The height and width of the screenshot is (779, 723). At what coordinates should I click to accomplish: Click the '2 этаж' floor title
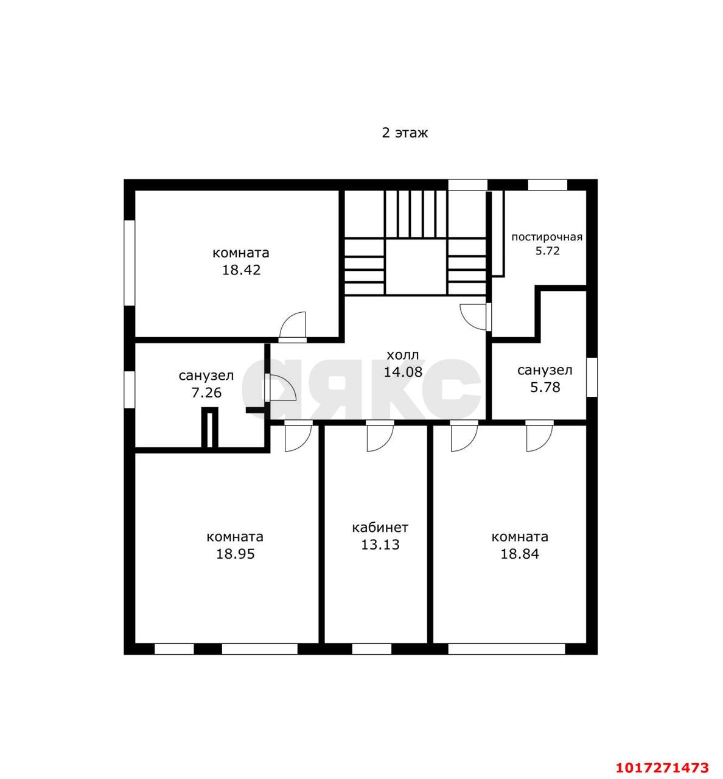point(405,133)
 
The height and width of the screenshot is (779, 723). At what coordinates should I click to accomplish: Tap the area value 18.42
point(241,270)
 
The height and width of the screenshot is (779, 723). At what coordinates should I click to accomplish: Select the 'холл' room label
point(403,355)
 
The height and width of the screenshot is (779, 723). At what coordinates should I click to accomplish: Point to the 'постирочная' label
point(547,237)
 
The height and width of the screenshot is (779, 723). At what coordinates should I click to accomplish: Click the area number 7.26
point(206,393)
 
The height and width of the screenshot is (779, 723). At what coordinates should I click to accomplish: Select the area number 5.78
point(545,388)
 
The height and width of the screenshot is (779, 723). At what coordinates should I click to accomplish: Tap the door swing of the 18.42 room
point(293,326)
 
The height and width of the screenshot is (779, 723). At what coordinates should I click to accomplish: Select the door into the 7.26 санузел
point(280,388)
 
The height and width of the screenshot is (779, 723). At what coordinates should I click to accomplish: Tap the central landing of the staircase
point(416,267)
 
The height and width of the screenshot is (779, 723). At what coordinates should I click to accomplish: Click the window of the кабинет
point(372,649)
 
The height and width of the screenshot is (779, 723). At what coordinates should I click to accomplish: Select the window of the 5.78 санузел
point(592,377)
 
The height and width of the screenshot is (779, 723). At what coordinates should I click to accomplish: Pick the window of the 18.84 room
point(507,649)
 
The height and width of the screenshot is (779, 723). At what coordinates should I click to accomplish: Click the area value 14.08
point(403,372)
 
